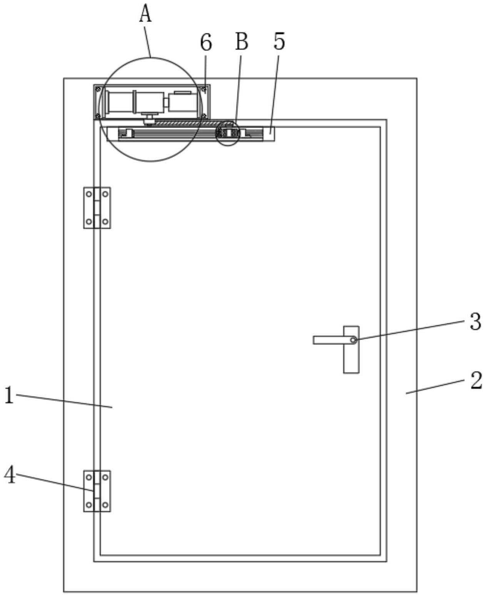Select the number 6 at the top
[x=206, y=42]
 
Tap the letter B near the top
[x=241, y=41]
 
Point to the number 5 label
[x=279, y=41]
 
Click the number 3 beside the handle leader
[x=476, y=321]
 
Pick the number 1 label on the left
[x=9, y=395]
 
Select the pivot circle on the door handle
[x=353, y=340]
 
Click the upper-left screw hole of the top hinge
[x=89, y=194]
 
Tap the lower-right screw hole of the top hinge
[x=105, y=221]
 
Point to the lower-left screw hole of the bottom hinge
[x=89, y=505]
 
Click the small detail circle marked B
[x=228, y=134]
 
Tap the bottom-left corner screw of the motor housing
[x=98, y=116]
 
